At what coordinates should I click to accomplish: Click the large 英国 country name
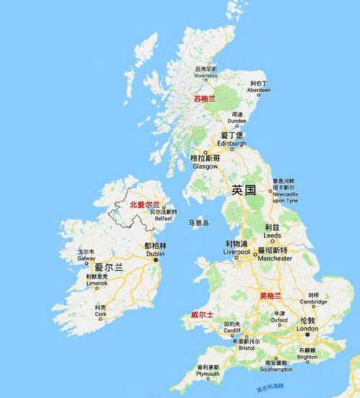[243, 191]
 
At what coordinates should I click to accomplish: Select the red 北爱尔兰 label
[145, 205]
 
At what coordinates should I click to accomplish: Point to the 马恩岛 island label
[198, 224]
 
